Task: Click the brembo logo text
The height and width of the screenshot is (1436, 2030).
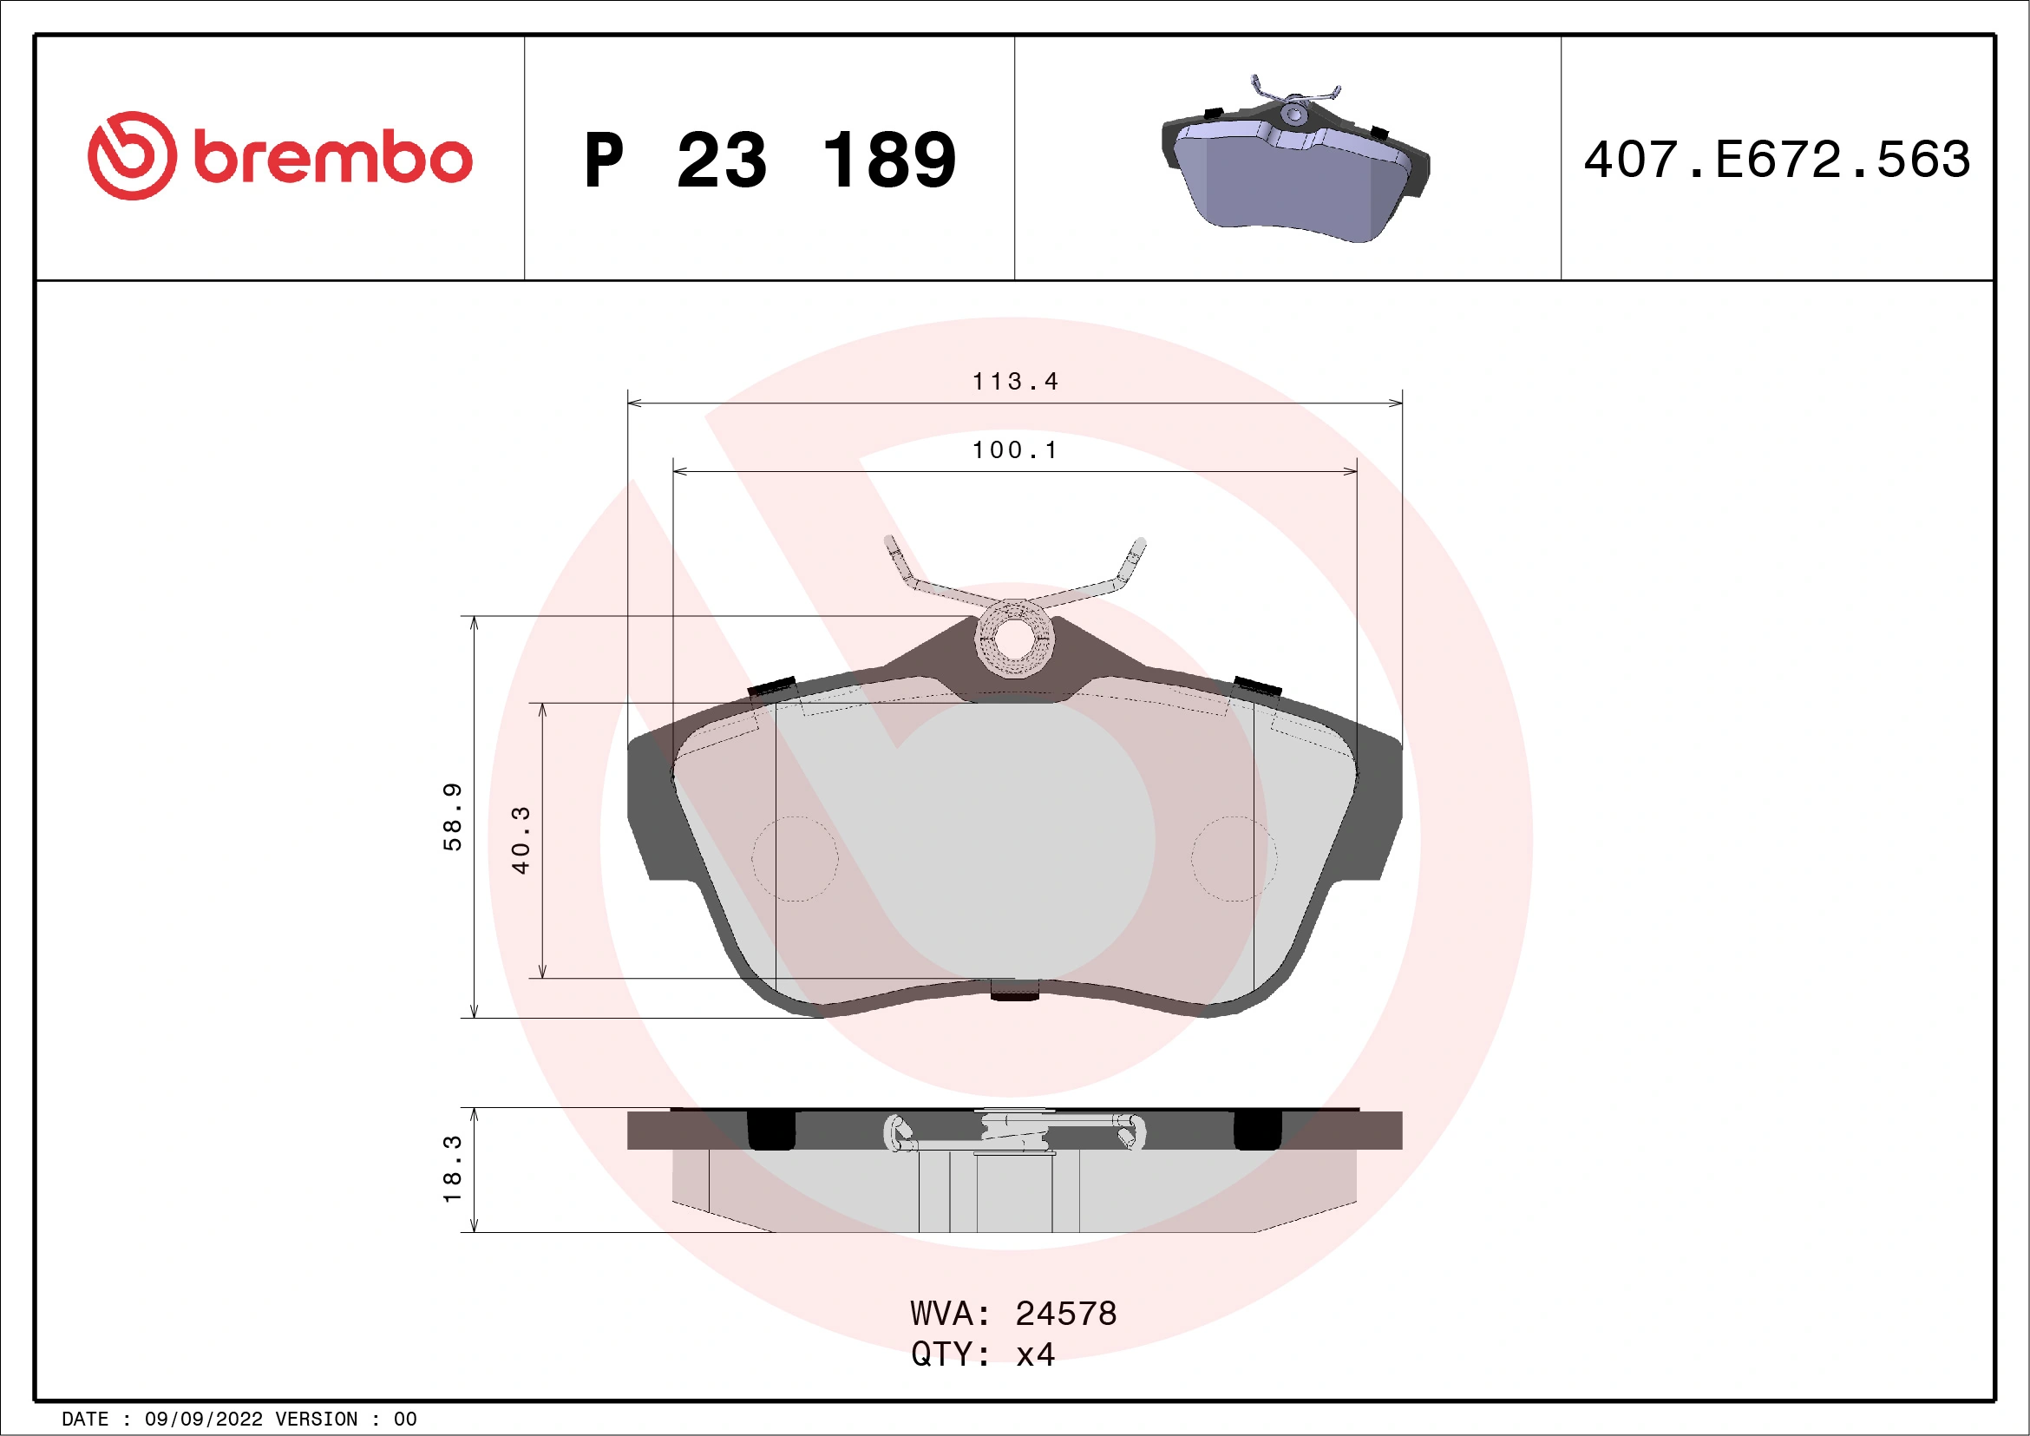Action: point(332,158)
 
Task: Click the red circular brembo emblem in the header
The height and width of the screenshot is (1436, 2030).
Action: point(132,155)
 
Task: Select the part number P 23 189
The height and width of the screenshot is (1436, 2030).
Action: point(769,160)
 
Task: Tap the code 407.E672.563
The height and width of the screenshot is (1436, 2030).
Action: point(1778,160)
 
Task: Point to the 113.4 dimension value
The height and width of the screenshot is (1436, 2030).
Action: point(1015,381)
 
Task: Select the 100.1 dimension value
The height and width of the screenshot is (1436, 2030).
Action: point(1015,450)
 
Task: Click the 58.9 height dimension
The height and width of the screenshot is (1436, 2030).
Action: point(452,816)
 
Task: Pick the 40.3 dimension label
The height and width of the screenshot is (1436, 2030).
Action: point(521,840)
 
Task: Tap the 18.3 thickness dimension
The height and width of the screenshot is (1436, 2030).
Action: point(452,1168)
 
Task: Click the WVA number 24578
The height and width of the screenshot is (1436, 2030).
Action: point(1065,1314)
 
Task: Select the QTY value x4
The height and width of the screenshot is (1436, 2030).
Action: point(1034,1354)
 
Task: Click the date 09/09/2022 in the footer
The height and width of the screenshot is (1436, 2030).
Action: point(203,1420)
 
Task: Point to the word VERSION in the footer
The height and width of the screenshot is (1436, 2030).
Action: point(317,1420)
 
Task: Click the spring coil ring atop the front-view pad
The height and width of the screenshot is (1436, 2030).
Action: point(1014,638)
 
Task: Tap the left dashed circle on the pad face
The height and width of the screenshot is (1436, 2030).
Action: point(795,859)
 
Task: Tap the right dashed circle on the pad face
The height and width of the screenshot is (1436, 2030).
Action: point(1234,859)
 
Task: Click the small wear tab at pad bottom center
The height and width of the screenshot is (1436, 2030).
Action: point(1014,990)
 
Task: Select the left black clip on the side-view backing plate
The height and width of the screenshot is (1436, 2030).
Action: point(772,1131)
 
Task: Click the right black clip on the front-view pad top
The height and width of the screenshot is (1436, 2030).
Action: point(1257,686)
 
